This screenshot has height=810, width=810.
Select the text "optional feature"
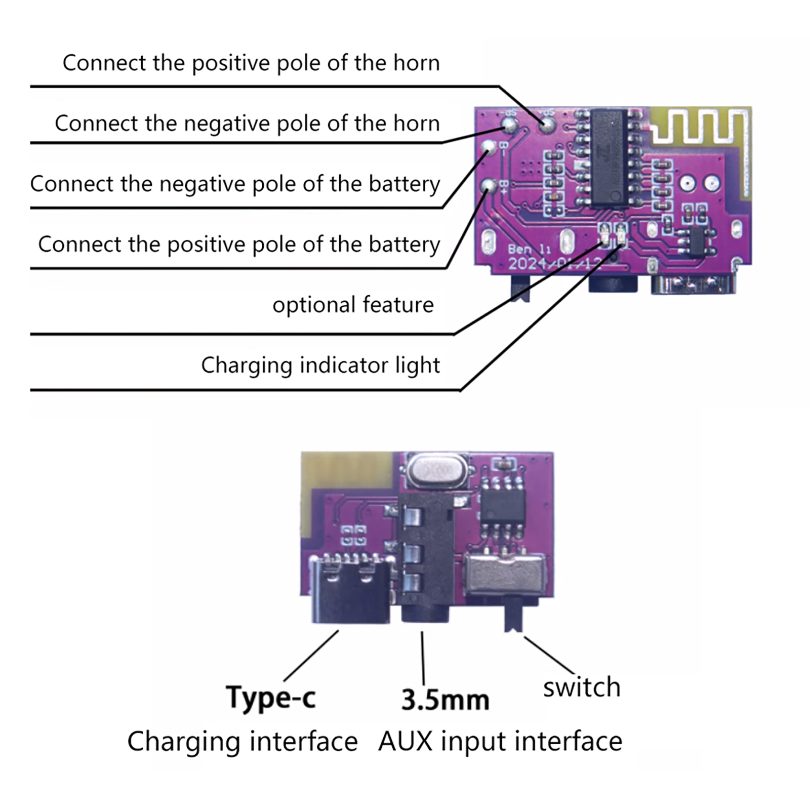353,305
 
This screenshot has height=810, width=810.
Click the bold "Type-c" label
271,698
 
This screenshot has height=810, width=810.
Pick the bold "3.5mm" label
445,700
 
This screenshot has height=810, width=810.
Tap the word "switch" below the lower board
582,687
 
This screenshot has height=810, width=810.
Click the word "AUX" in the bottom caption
405,742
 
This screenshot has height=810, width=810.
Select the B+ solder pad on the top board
489,186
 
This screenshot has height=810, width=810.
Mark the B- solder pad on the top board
489,147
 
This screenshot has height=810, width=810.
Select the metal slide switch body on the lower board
505,575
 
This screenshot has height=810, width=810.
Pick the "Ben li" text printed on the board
529,249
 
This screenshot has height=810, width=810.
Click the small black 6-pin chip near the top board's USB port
697,241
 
